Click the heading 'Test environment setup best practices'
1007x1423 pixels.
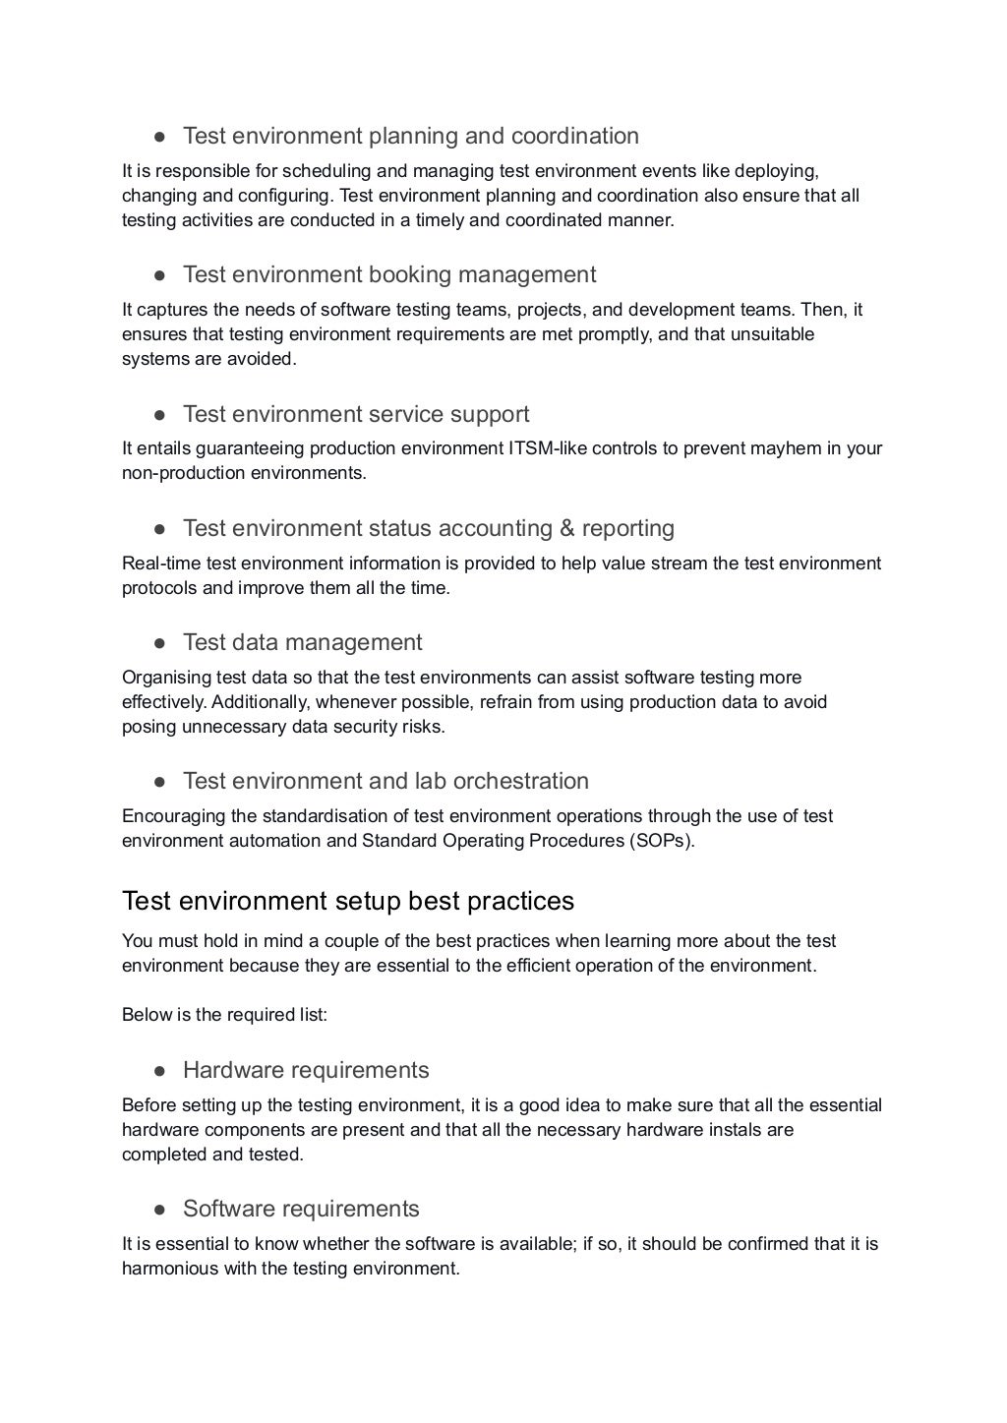[347, 901]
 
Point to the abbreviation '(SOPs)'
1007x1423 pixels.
[662, 841]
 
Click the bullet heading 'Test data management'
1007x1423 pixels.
[302, 642]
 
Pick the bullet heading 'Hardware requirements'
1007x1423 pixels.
[306, 1070]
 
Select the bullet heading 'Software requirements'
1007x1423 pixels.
[301, 1209]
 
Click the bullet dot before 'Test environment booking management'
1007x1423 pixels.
[158, 275]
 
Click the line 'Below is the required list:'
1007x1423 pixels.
[224, 1015]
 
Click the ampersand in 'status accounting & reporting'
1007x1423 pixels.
[566, 529]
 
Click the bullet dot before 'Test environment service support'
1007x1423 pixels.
[158, 415]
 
